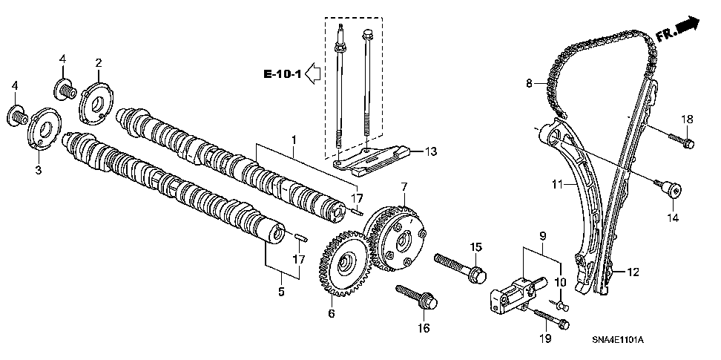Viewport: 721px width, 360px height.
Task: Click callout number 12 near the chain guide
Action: pos(632,272)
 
